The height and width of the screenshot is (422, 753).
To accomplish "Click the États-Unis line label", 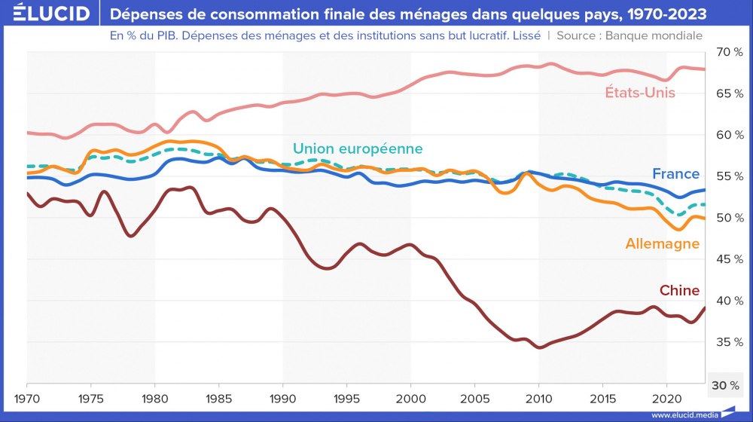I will (x=640, y=93).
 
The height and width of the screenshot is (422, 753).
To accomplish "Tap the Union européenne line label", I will (x=358, y=148).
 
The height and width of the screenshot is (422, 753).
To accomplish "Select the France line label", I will (x=675, y=174).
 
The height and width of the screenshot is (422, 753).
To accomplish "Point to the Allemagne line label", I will (x=663, y=243).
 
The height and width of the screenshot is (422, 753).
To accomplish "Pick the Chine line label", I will (x=679, y=290).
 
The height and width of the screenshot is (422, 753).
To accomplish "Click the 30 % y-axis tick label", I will (x=725, y=385).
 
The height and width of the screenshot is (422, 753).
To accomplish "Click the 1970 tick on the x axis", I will (x=27, y=397).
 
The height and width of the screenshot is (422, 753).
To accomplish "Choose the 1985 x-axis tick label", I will (x=218, y=397).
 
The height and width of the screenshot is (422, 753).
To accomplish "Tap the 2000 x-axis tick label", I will (x=410, y=397).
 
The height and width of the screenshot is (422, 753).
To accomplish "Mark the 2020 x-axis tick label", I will (x=666, y=397).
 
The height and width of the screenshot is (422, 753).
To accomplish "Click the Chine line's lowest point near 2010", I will (x=538, y=347).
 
